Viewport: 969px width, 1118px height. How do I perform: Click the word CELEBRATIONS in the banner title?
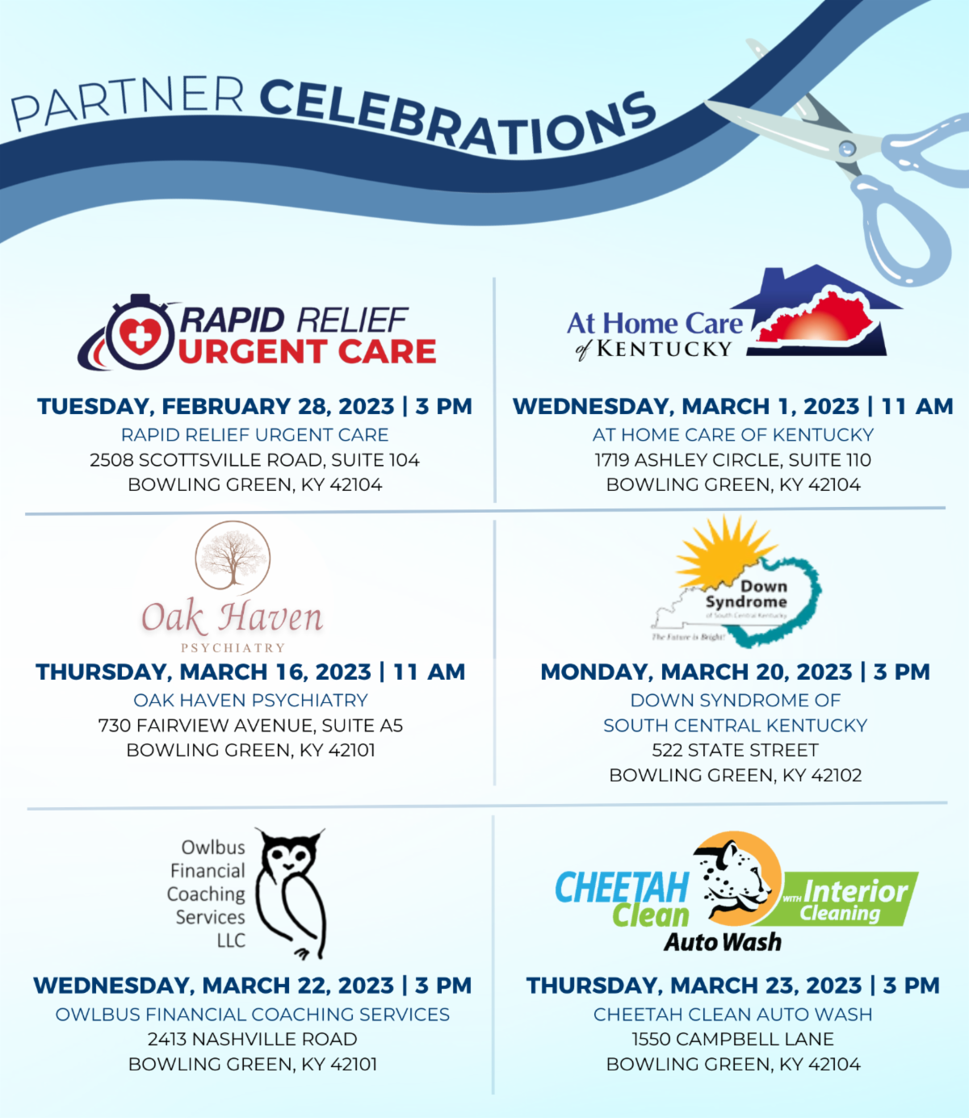[457, 118]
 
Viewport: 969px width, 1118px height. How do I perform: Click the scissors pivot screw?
[847, 148]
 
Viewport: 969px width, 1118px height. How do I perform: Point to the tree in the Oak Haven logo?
[233, 556]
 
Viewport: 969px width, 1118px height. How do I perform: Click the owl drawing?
[291, 892]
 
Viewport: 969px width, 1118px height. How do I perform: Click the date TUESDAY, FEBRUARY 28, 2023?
[216, 406]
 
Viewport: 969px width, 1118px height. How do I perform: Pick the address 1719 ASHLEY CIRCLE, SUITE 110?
[733, 460]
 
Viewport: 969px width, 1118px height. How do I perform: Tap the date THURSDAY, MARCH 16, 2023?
[203, 672]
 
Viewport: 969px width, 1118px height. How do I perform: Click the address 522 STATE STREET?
[735, 750]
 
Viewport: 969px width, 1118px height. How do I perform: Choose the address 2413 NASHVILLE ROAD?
[252, 1039]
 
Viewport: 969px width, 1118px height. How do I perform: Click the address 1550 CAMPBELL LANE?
[733, 1039]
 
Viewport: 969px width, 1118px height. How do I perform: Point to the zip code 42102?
[836, 776]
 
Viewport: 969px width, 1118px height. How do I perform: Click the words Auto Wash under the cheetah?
[723, 942]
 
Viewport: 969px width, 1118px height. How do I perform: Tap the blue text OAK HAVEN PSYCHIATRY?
[250, 700]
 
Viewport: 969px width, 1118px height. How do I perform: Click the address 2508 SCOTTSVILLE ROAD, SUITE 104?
[254, 460]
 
